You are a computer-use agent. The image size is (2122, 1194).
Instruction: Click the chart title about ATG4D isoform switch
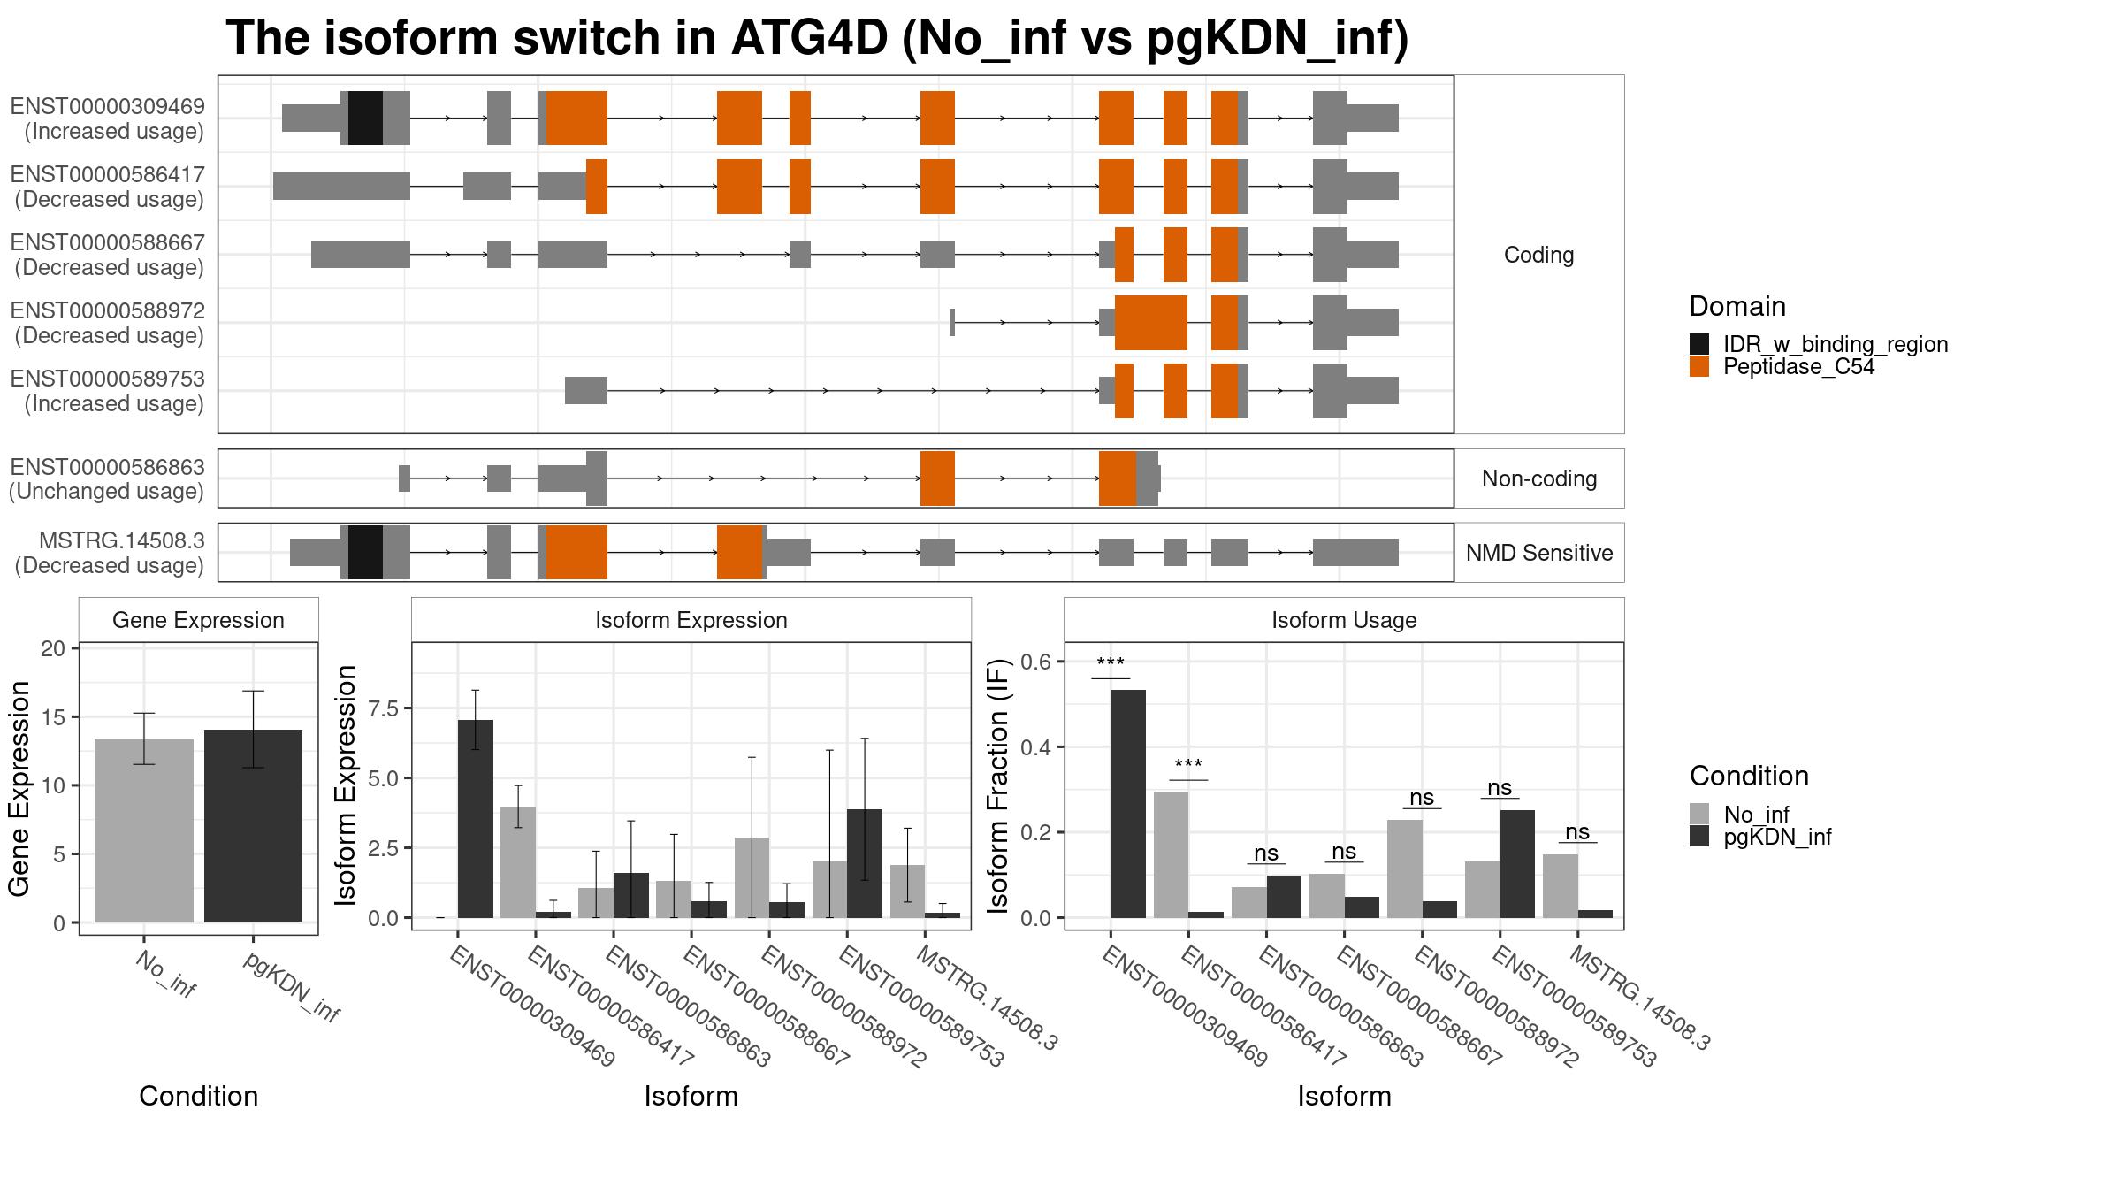click(x=817, y=38)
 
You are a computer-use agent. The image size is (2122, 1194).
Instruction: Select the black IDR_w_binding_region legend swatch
click(x=1699, y=344)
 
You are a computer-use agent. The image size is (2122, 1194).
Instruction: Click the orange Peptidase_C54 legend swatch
click(x=1699, y=366)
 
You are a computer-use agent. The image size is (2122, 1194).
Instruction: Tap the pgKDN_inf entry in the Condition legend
click(x=1777, y=837)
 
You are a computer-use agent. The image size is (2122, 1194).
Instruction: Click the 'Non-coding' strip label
click(x=1539, y=478)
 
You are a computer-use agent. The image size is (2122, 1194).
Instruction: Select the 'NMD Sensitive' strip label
click(x=1539, y=553)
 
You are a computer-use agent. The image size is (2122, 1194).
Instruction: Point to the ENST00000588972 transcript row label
click(x=107, y=323)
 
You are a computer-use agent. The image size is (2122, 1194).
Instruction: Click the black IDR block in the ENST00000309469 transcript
click(x=365, y=118)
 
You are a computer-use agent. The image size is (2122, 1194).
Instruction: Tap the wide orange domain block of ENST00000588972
click(x=1151, y=323)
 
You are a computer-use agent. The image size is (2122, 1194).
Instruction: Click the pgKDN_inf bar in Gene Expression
click(x=253, y=826)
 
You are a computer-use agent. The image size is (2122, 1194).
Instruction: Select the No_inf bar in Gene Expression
click(x=144, y=830)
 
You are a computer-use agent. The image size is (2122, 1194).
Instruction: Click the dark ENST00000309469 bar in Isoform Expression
click(x=476, y=819)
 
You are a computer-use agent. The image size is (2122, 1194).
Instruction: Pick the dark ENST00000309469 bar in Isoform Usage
click(x=1128, y=804)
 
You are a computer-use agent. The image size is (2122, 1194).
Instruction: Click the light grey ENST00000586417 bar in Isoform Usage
click(x=1171, y=854)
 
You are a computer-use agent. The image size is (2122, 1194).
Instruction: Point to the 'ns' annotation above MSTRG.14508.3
click(x=1577, y=832)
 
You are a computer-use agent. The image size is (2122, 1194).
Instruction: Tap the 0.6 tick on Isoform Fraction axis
click(x=1035, y=662)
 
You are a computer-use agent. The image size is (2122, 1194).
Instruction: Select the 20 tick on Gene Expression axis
click(x=54, y=648)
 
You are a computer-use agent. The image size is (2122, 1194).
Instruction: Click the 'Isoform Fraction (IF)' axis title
click(x=998, y=785)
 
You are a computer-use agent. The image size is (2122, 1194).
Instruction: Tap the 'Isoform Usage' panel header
click(x=1344, y=620)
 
